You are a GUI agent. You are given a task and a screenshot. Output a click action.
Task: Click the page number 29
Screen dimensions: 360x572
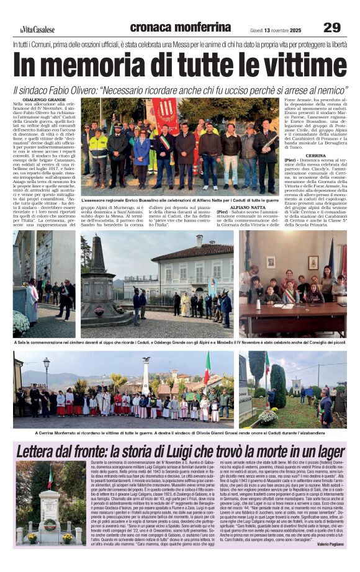332,27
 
